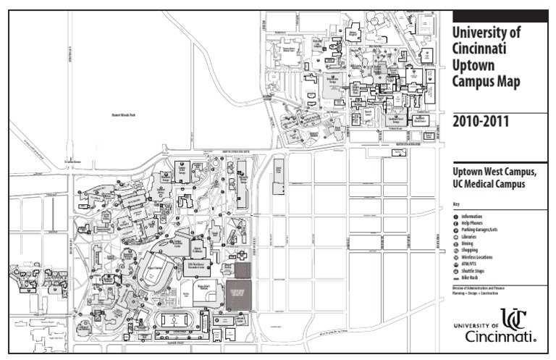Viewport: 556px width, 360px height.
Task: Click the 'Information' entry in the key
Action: pyautogui.click(x=471, y=217)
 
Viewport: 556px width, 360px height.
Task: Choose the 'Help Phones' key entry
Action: pyautogui.click(x=472, y=223)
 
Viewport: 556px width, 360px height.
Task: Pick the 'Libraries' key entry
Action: pyautogui.click(x=469, y=237)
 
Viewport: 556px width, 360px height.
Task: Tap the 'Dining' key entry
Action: pyautogui.click(x=467, y=243)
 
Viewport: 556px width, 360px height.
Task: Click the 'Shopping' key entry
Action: pyautogui.click(x=470, y=251)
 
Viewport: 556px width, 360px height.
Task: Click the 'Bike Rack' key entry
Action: pyautogui.click(x=470, y=277)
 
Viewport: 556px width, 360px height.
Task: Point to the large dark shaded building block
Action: pyautogui.click(x=237, y=295)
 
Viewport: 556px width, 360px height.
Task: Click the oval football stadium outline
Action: pyautogui.click(x=155, y=273)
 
